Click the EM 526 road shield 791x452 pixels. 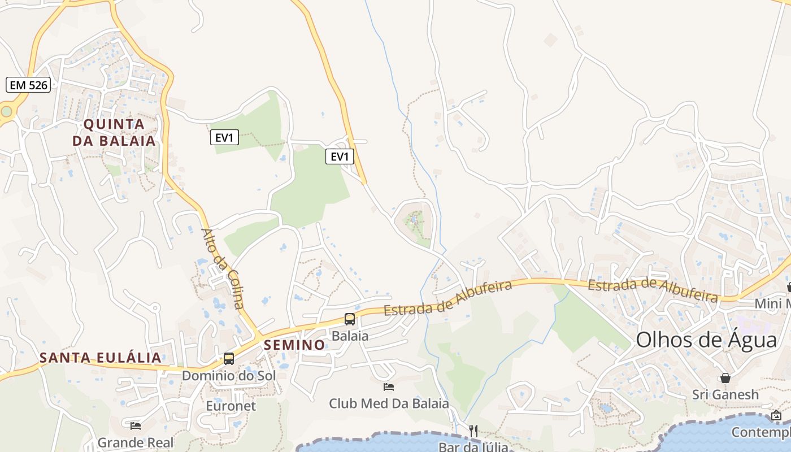click(29, 85)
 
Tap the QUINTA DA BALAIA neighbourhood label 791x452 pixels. click(114, 132)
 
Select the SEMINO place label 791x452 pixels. click(294, 345)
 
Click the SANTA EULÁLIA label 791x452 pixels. click(101, 358)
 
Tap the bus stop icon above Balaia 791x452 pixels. click(350, 319)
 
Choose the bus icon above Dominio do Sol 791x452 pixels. click(229, 359)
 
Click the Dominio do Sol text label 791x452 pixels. click(228, 375)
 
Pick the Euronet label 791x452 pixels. click(231, 406)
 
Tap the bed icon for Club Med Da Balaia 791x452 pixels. click(389, 387)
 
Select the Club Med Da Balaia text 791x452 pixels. click(389, 403)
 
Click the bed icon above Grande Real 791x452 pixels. click(136, 426)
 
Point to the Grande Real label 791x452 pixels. click(136, 442)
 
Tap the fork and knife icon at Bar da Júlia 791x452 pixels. click(473, 431)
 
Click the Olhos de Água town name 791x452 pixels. click(706, 341)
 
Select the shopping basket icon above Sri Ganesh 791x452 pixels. click(725, 378)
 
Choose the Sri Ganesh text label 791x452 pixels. click(725, 394)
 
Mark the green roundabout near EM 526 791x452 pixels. click(6, 111)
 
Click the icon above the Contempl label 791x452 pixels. click(777, 416)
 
